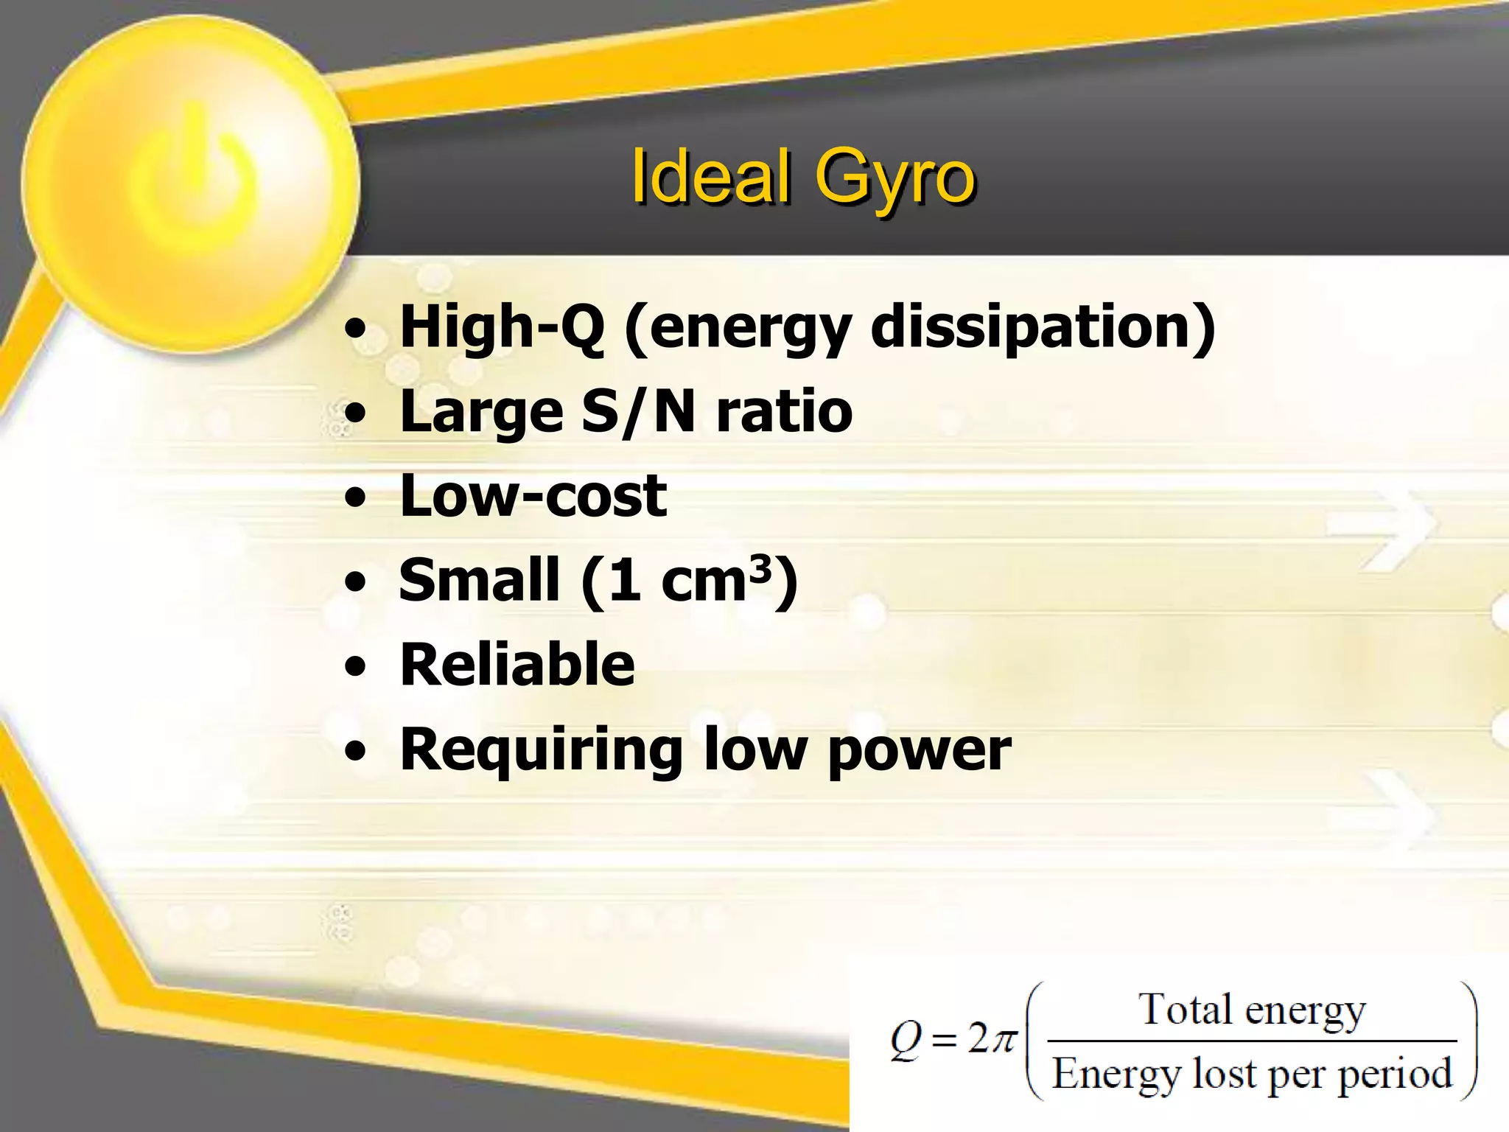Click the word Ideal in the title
coord(710,177)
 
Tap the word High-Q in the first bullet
coord(502,328)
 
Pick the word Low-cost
coord(533,495)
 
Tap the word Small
coord(479,580)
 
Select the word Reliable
coord(517,665)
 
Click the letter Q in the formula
coord(906,1040)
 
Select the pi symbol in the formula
coord(1002,1040)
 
